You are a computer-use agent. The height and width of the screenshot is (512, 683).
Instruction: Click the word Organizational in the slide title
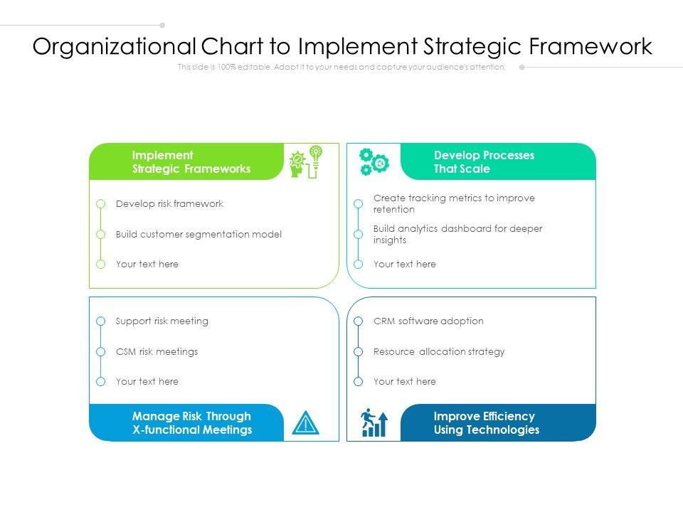pos(114,47)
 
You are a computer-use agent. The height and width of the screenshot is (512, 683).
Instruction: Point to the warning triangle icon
pos(306,423)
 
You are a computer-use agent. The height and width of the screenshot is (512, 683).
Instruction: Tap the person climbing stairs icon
pos(374,423)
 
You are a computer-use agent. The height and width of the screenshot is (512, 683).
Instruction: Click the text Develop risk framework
pos(169,204)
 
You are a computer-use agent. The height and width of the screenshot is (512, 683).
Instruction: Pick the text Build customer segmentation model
pos(198,235)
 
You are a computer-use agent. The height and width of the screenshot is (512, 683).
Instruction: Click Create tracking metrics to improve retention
pos(454,204)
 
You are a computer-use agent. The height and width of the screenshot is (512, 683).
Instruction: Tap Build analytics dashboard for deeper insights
pos(457,235)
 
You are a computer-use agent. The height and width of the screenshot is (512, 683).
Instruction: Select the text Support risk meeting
pos(162,321)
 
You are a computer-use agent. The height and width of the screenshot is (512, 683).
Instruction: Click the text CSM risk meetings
pos(157,352)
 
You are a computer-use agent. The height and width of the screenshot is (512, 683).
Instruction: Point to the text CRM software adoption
pos(428,321)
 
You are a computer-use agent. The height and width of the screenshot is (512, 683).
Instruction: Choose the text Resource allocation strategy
pos(439,352)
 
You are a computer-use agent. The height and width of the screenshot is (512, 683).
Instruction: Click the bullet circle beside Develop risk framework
pos(101,204)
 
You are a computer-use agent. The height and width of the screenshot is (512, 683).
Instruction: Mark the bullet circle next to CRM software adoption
pos(359,321)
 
